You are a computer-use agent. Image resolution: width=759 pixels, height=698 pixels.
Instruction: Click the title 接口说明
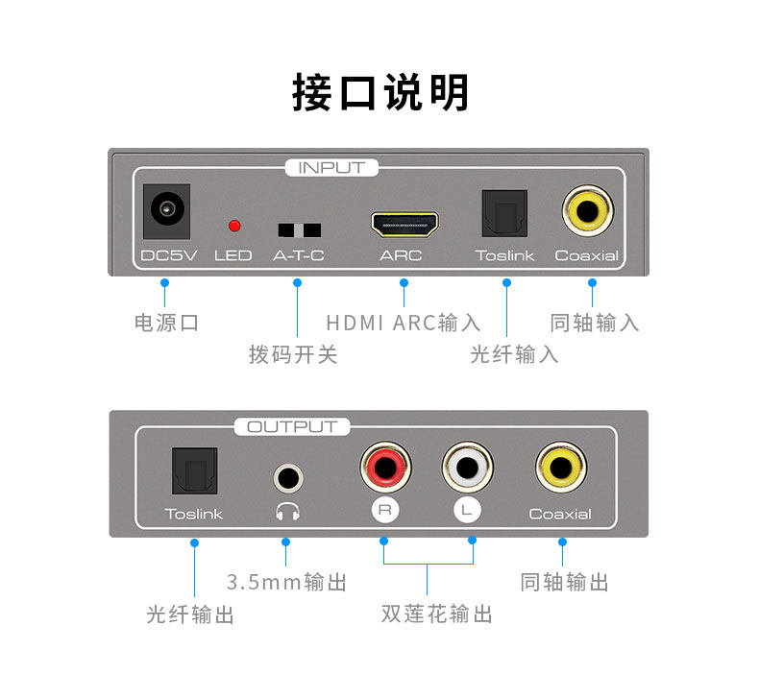click(380, 94)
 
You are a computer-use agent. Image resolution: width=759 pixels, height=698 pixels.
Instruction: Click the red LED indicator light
click(233, 227)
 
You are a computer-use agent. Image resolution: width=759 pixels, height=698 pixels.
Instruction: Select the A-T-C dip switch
click(299, 230)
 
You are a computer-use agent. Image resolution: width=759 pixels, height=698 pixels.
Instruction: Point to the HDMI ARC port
click(404, 226)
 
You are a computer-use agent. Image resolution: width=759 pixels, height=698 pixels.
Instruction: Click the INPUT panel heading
click(331, 168)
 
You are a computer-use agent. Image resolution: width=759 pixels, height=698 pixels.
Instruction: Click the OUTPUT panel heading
click(292, 427)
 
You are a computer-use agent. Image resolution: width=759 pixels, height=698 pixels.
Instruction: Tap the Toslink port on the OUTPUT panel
click(193, 471)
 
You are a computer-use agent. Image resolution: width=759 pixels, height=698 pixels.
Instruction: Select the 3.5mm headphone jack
click(285, 475)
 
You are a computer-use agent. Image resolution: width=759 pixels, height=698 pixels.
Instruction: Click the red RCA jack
click(382, 468)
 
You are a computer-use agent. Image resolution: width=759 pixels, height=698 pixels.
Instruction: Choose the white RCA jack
click(466, 468)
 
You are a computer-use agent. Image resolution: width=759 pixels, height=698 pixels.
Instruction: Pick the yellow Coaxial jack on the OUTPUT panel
click(559, 468)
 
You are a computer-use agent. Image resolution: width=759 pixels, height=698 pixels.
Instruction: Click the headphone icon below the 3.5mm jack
click(285, 511)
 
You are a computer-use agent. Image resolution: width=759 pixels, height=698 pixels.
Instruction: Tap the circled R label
click(384, 512)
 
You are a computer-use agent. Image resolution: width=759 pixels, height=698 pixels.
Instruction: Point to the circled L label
click(466, 512)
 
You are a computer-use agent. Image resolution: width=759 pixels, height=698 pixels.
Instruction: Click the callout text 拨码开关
click(293, 355)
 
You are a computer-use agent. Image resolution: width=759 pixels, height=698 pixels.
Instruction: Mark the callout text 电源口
click(166, 323)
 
